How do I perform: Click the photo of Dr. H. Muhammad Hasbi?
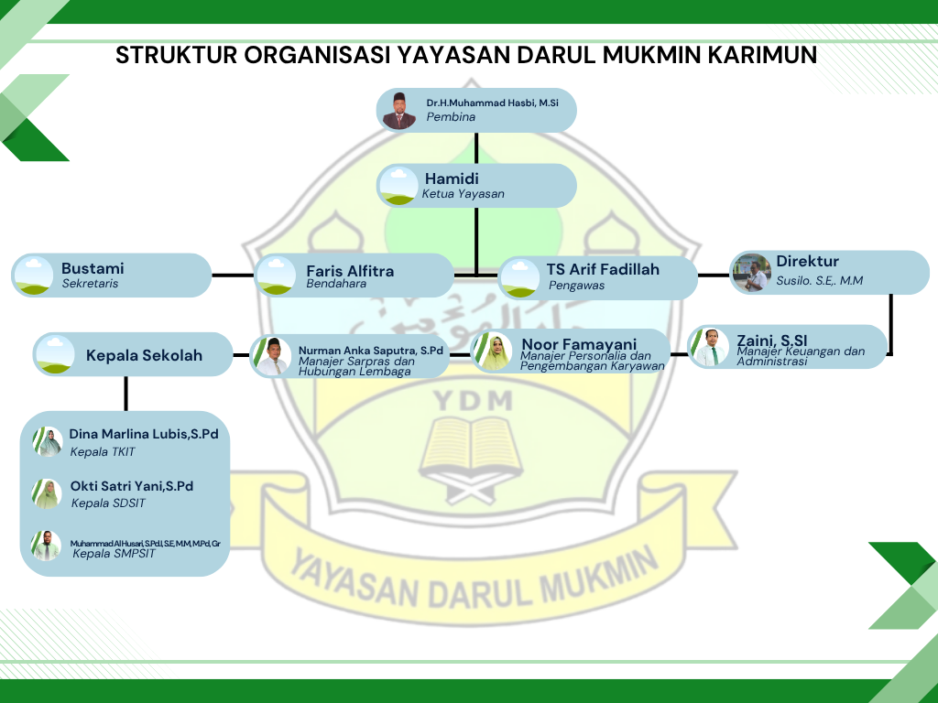tap(399, 111)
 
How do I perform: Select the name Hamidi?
tap(452, 178)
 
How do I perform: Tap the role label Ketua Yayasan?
tap(463, 194)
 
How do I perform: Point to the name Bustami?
tap(93, 268)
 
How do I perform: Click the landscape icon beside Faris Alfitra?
tap(277, 276)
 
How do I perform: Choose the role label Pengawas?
tap(576, 286)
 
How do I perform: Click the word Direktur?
tap(807, 262)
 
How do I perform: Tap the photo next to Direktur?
tap(752, 273)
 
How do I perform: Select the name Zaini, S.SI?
tap(771, 341)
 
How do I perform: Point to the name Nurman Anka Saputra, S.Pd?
tap(370, 351)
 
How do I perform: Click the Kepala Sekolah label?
tap(144, 355)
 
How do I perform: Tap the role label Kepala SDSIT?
tap(108, 503)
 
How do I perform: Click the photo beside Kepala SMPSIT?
tap(45, 546)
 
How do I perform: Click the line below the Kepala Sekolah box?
tap(125, 394)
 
